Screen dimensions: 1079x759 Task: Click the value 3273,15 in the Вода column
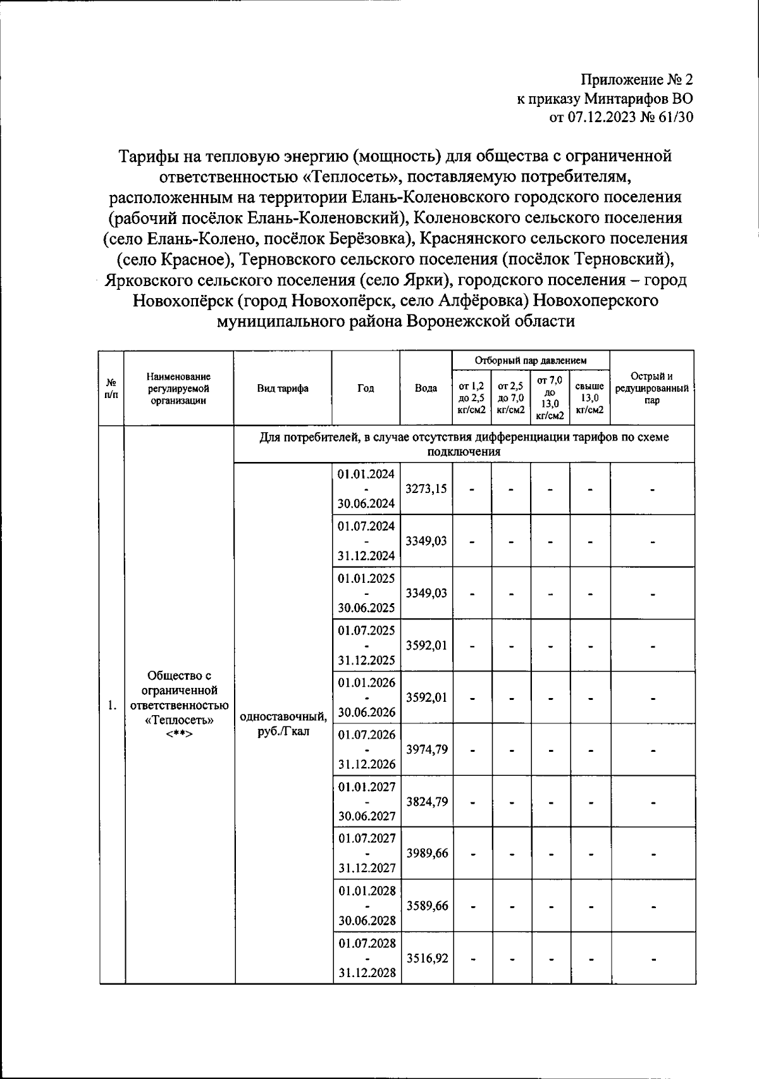(x=426, y=489)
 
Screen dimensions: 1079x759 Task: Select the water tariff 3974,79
(x=426, y=749)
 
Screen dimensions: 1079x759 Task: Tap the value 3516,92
(x=426, y=958)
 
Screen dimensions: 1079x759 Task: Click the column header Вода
(x=426, y=388)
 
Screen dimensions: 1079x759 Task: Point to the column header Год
(x=366, y=388)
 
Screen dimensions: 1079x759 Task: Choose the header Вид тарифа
(x=283, y=388)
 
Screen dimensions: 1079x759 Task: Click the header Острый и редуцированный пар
(x=651, y=388)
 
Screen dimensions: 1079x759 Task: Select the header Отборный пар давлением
(x=531, y=360)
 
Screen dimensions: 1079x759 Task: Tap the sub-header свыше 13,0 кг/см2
(x=589, y=397)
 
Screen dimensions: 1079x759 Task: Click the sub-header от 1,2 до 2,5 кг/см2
(x=472, y=397)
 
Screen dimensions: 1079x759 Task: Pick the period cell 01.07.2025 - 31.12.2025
(x=366, y=645)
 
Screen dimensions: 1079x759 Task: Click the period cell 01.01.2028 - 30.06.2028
(x=366, y=906)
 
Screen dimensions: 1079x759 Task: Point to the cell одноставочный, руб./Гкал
(x=283, y=724)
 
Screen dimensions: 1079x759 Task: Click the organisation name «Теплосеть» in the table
(x=179, y=720)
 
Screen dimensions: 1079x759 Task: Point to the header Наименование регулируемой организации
(x=179, y=388)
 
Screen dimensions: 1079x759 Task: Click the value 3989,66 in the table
(x=426, y=853)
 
